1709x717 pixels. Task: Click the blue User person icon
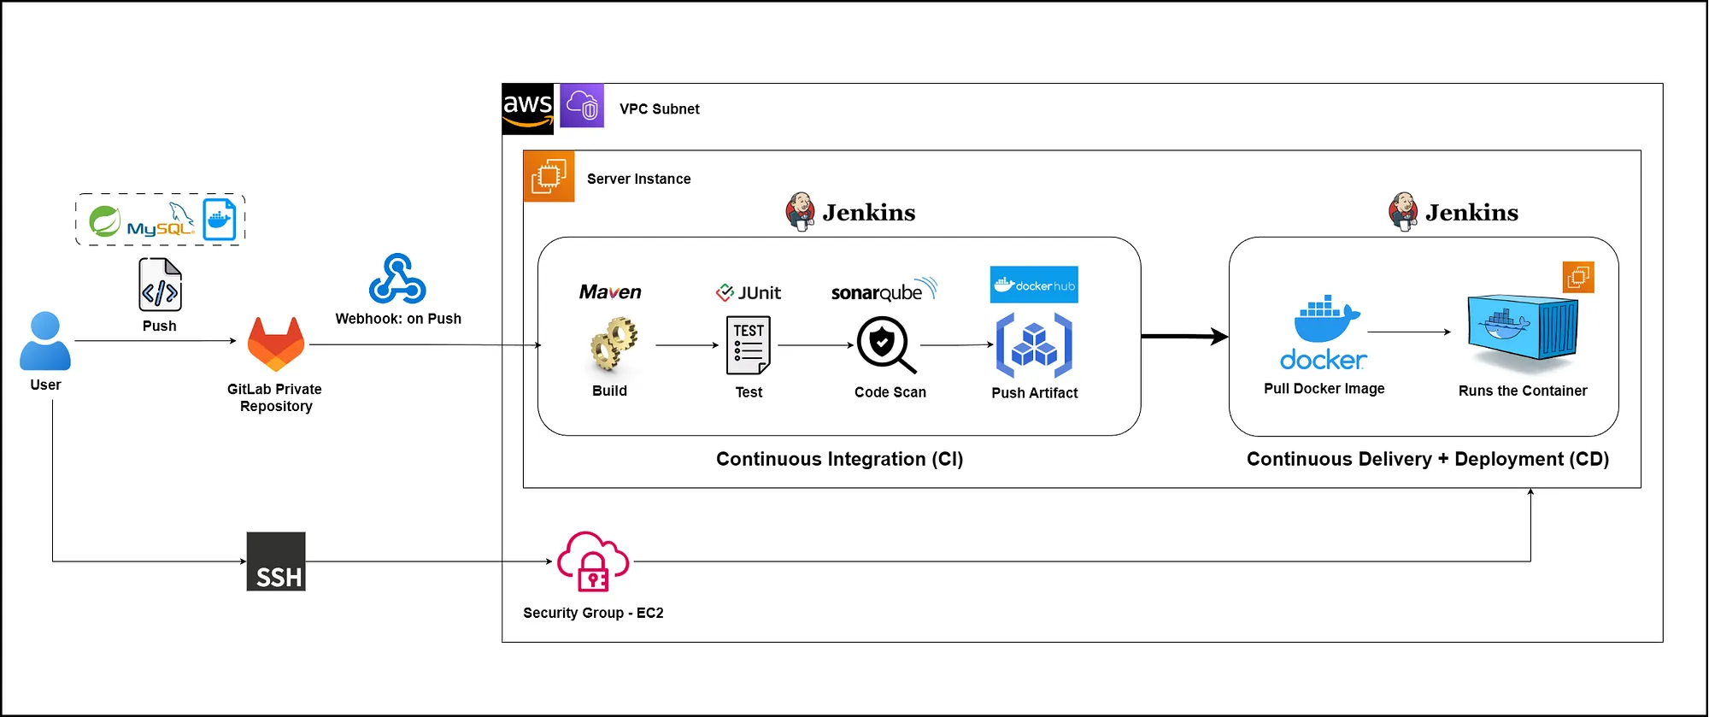pos(45,340)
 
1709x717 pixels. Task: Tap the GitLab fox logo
pos(276,344)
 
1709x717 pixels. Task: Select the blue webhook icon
pos(397,279)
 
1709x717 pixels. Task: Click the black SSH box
pos(276,561)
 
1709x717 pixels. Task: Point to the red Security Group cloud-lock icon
pos(593,561)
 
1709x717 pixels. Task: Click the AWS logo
pos(528,109)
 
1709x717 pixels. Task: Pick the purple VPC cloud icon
pos(582,106)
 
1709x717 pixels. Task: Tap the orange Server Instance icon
pos(549,176)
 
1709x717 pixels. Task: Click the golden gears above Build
pos(614,344)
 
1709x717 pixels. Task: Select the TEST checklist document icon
pos(749,345)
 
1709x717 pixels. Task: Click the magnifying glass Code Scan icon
pos(886,345)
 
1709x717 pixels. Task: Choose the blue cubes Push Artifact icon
pos(1034,345)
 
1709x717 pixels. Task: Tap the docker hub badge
pos(1034,285)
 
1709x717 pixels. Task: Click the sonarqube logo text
pos(884,291)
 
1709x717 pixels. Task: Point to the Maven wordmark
pos(610,292)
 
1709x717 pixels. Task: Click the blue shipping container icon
pos(1523,333)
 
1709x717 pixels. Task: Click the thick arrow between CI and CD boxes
pos(1185,337)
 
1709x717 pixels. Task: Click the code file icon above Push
pos(161,285)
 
